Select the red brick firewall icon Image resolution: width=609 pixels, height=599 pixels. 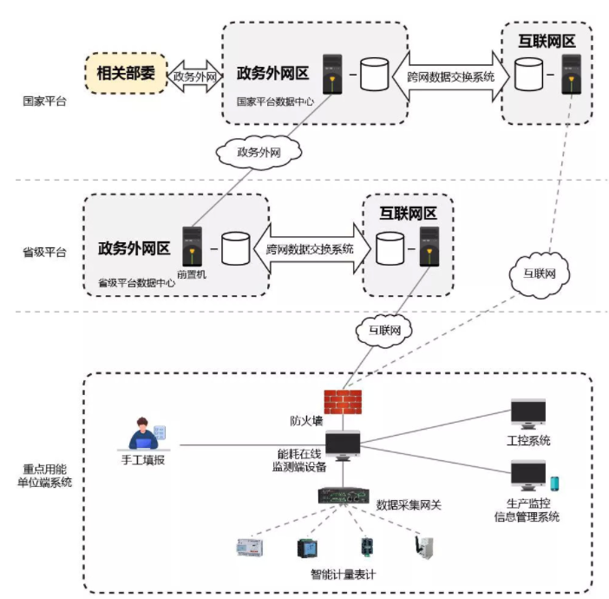[341, 400]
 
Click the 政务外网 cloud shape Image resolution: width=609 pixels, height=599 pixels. [261, 150]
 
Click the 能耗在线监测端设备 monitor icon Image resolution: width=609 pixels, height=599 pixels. [343, 445]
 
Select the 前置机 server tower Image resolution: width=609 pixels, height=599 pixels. [192, 247]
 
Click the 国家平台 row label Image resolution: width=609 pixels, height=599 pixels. [43, 101]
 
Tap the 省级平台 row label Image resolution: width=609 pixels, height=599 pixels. [43, 253]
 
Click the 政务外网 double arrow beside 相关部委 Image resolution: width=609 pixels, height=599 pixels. [193, 76]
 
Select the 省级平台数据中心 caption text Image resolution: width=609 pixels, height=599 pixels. [137, 282]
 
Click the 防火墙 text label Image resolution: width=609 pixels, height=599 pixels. [306, 421]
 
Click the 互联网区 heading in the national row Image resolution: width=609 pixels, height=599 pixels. [541, 41]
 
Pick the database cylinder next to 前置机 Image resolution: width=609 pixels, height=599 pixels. [235, 247]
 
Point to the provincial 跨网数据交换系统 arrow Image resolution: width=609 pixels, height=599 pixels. [310, 248]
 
